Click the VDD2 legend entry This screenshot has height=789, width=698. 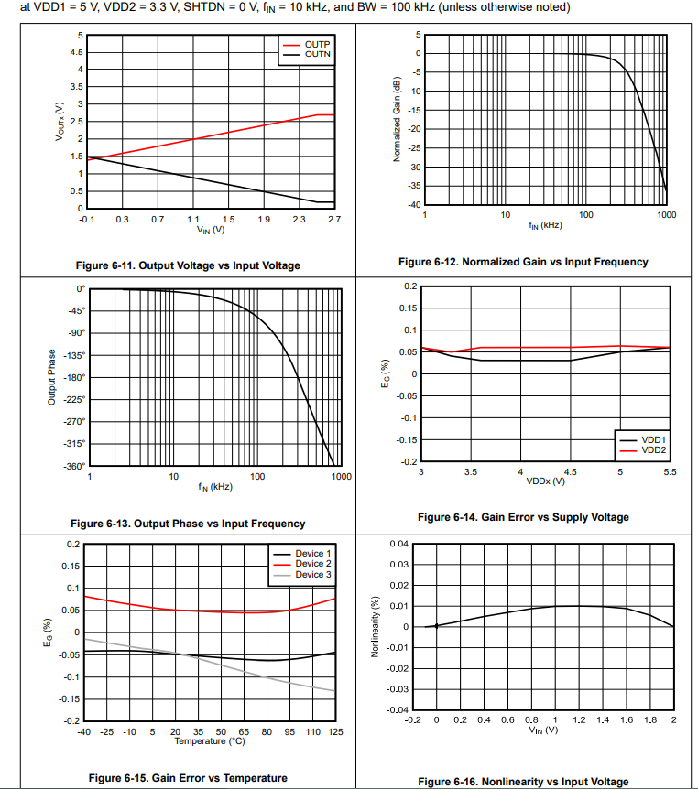pyautogui.click(x=653, y=450)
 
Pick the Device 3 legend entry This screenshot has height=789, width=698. pyautogui.click(x=312, y=575)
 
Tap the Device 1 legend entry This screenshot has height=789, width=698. pyautogui.click(x=312, y=554)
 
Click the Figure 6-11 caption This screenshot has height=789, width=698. pyautogui.click(x=188, y=265)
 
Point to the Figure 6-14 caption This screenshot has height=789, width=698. pyautogui.click(x=523, y=517)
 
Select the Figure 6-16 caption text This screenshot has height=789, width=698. pyautogui.click(x=523, y=782)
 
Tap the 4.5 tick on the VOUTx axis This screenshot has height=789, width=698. pyautogui.click(x=76, y=52)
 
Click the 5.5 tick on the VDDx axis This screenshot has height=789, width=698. pyautogui.click(x=669, y=472)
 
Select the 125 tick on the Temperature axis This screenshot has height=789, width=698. pyautogui.click(x=335, y=732)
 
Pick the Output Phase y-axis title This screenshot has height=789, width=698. pyautogui.click(x=52, y=377)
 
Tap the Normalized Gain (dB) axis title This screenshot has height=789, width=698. pyautogui.click(x=397, y=119)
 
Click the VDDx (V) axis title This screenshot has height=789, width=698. pyautogui.click(x=545, y=481)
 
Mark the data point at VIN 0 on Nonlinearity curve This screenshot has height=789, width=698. pyautogui.click(x=436, y=626)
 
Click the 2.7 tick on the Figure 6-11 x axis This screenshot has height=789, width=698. pyautogui.click(x=334, y=220)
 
